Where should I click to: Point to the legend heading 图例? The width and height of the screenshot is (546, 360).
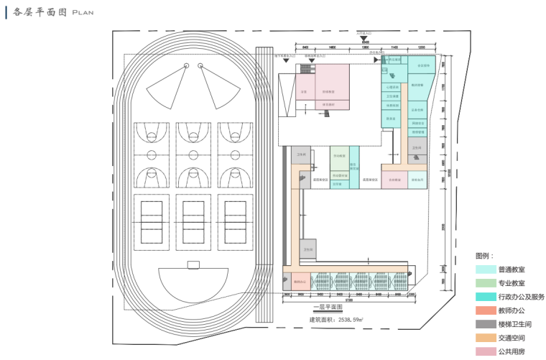click(x=484, y=256)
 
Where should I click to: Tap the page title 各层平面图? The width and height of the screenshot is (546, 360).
click(x=37, y=12)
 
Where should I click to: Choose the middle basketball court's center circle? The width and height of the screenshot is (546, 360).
click(x=193, y=154)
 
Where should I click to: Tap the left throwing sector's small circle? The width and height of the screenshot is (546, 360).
click(x=186, y=65)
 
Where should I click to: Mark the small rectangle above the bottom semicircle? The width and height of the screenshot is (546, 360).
click(x=193, y=264)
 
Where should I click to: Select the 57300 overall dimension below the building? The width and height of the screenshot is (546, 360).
click(x=348, y=300)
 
